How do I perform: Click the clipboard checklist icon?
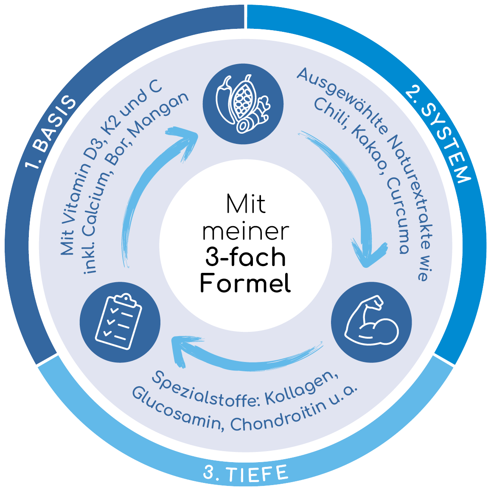pyautogui.click(x=120, y=322)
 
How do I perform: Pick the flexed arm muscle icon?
pyautogui.click(x=371, y=322)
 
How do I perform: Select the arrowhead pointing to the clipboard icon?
pyautogui.click(x=180, y=349)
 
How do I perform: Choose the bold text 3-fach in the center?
pyautogui.click(x=245, y=257)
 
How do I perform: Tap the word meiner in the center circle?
pyautogui.click(x=245, y=232)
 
